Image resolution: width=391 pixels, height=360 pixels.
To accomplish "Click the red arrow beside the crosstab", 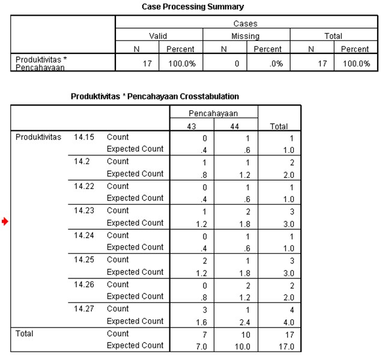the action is pyautogui.click(x=5, y=221).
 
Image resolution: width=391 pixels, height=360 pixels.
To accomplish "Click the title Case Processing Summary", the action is pyautogui.click(x=193, y=7).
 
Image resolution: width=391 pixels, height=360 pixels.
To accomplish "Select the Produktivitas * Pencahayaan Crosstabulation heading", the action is pyautogui.click(x=155, y=97).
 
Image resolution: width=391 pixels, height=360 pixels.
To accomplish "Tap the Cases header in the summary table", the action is pyautogui.click(x=246, y=23).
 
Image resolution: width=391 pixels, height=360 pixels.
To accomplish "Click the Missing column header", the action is pyautogui.click(x=246, y=36).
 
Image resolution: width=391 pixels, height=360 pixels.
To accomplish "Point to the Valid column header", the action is pyautogui.click(x=158, y=36).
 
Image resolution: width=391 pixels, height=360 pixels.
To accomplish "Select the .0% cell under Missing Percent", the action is pyautogui.click(x=276, y=64).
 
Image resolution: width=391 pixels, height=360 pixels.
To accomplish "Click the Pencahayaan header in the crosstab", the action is pyautogui.click(x=213, y=113).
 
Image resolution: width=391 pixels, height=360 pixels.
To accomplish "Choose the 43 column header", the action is pyautogui.click(x=192, y=127).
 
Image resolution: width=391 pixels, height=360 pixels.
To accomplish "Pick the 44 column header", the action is pyautogui.click(x=235, y=127).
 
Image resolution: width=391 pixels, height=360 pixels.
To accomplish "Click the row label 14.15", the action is pyautogui.click(x=84, y=137).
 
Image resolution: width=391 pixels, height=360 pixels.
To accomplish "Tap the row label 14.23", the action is pyautogui.click(x=84, y=211).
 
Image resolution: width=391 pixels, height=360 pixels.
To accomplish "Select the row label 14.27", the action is pyautogui.click(x=84, y=308).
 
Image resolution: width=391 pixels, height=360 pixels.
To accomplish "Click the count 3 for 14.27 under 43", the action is pyautogui.click(x=204, y=310).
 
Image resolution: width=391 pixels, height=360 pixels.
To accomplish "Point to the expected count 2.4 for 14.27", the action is pyautogui.click(x=245, y=322).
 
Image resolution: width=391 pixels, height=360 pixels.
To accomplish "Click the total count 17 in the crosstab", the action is pyautogui.click(x=289, y=335).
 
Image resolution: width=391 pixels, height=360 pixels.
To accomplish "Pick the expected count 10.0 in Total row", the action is pyautogui.click(x=243, y=347).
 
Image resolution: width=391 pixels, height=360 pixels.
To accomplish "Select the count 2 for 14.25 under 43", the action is pyautogui.click(x=204, y=261).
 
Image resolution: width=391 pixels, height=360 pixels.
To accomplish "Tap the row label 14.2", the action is pyautogui.click(x=82, y=161).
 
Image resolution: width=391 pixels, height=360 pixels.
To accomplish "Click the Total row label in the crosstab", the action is pyautogui.click(x=25, y=334).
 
